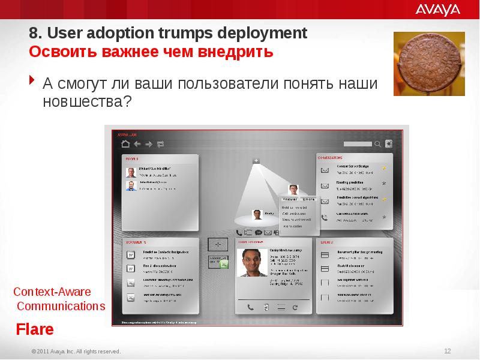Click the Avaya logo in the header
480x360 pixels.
click(437, 9)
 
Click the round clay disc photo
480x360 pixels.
click(428, 63)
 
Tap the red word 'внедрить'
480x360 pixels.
click(243, 52)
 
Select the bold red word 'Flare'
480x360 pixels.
click(35, 329)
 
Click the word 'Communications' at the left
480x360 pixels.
click(61, 306)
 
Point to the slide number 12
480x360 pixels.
click(447, 351)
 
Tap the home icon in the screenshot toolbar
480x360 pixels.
click(125, 144)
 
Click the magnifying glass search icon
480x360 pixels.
click(377, 144)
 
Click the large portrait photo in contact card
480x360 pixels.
click(253, 262)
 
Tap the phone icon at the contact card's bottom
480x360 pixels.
click(250, 307)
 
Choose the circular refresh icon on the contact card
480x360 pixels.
click(294, 307)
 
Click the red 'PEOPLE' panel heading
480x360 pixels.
click(132, 159)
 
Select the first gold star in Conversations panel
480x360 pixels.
click(383, 168)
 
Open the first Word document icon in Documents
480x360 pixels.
click(130, 254)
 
